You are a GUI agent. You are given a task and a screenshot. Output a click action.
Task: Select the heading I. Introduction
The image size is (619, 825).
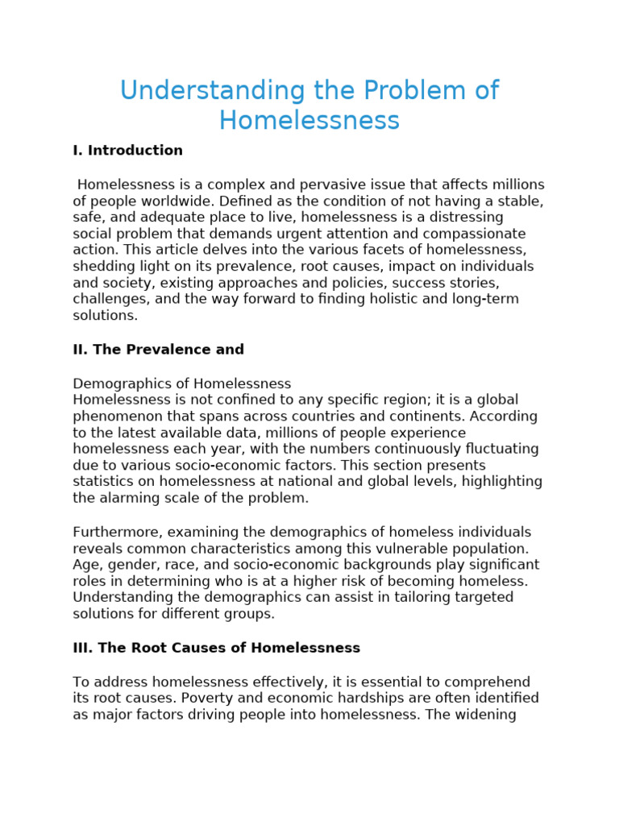point(127,151)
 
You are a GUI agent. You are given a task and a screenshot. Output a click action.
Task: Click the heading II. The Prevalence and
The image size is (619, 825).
point(158,350)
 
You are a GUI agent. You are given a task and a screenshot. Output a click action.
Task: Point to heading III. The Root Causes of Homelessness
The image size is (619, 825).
point(216,648)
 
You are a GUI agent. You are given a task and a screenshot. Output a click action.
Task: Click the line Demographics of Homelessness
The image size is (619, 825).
point(181,383)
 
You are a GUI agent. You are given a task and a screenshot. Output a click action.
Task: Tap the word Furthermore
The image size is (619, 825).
point(114,532)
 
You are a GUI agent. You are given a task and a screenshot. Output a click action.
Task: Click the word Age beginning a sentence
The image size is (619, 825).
point(85,565)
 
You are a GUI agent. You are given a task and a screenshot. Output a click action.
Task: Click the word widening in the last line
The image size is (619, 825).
point(488,714)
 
